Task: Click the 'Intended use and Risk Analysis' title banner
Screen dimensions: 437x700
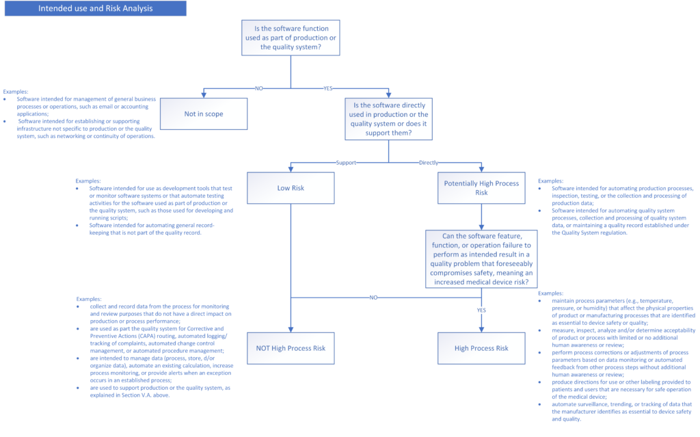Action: [95, 9]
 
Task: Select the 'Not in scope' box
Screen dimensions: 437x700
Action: [203, 114]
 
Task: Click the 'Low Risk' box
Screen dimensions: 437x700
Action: [291, 187]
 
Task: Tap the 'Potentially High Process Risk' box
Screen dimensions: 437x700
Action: [481, 187]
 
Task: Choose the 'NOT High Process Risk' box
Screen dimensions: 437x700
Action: [291, 348]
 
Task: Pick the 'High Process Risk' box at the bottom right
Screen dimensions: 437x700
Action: [481, 348]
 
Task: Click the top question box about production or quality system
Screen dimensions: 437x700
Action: [291, 37]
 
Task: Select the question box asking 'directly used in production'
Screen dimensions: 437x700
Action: [389, 119]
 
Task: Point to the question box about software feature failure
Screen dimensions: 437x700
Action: [481, 257]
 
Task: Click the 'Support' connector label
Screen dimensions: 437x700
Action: [346, 163]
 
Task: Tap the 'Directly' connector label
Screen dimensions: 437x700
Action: [429, 163]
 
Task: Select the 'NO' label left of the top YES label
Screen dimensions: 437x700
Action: [258, 88]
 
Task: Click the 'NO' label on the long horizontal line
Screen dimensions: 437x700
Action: [373, 297]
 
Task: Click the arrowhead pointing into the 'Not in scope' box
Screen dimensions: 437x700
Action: [203, 96]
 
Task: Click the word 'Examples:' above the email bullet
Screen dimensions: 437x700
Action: [16, 91]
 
